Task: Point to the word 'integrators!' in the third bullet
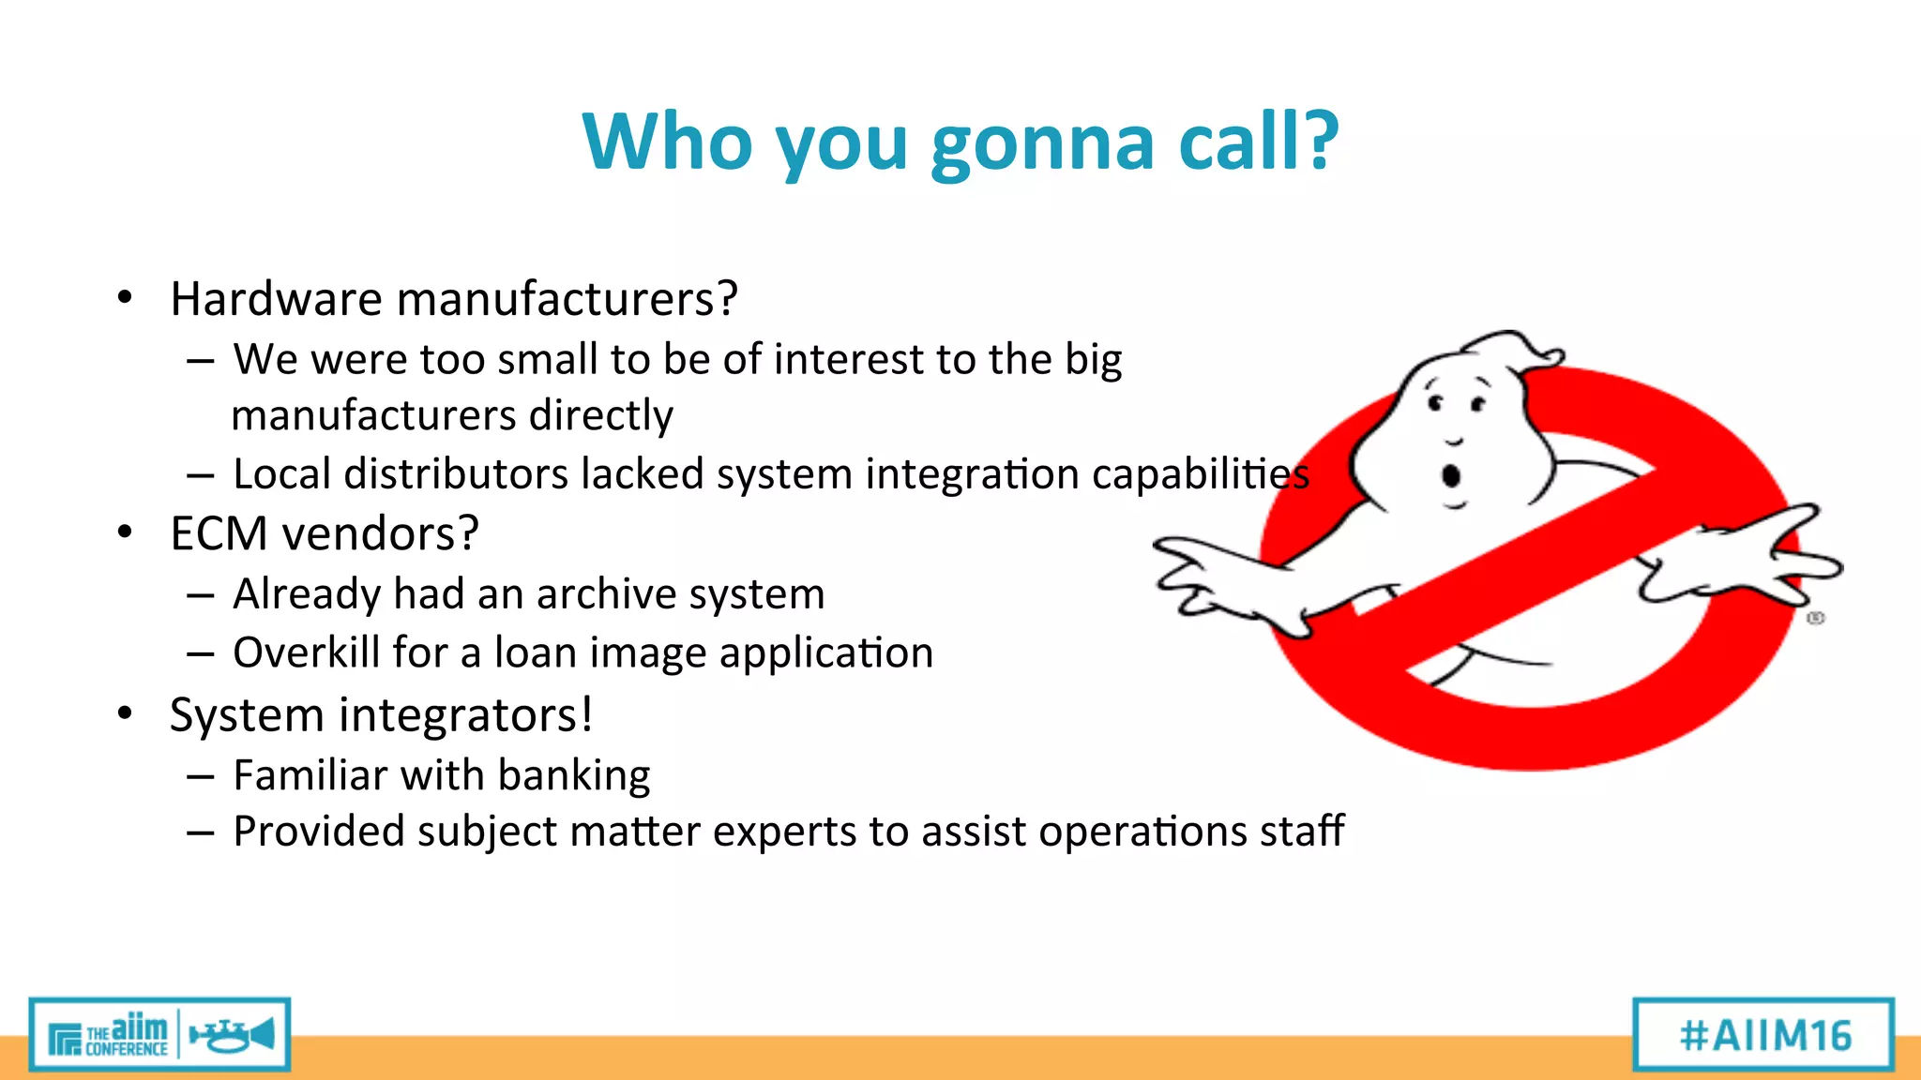click(x=466, y=715)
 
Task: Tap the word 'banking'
click(x=574, y=776)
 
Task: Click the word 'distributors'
click(x=455, y=474)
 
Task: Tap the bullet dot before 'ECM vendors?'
click(x=126, y=532)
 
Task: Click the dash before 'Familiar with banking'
click(x=200, y=776)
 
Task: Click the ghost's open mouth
click(x=1451, y=476)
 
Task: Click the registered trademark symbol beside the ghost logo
click(x=1816, y=618)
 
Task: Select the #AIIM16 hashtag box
click(x=1764, y=1035)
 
